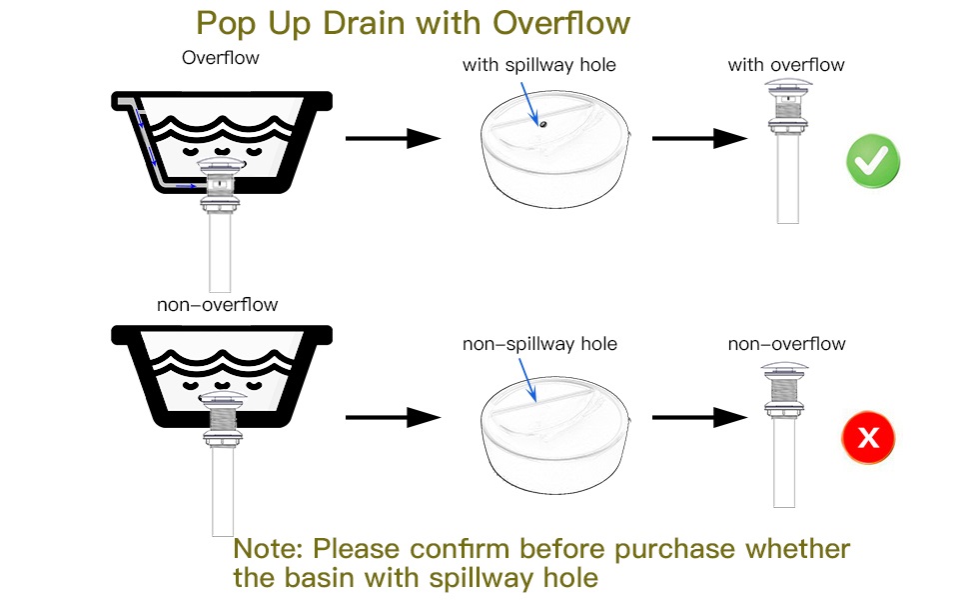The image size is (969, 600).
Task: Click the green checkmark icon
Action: [873, 161]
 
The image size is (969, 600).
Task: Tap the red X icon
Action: [868, 437]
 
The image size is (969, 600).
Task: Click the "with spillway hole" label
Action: [539, 65]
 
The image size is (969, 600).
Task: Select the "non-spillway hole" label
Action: [539, 344]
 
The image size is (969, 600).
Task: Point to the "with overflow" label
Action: [786, 65]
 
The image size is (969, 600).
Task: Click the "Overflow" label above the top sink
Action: [220, 58]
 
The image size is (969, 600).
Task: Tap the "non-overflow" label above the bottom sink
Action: [217, 304]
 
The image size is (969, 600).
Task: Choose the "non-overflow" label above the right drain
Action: [786, 344]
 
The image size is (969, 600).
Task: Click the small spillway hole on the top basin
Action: [542, 125]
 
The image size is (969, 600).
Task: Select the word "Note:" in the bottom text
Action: [269, 549]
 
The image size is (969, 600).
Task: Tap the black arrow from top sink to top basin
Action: [393, 139]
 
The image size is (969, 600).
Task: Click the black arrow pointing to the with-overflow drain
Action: [699, 139]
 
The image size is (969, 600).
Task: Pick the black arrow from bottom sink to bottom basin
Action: [393, 418]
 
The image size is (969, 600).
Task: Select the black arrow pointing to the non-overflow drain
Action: [699, 418]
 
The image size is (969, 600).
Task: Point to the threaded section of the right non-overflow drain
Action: [785, 389]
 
